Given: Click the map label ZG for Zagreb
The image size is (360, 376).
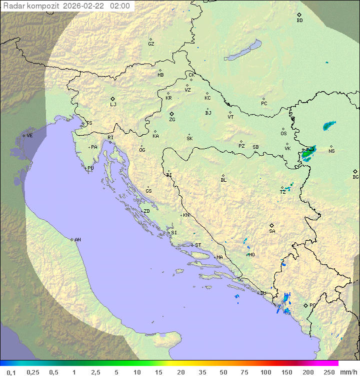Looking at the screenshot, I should point(172,120).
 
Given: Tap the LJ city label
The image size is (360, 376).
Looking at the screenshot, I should point(113,104).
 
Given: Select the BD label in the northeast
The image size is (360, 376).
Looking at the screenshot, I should point(299,21).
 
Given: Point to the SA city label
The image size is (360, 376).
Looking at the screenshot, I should point(272,231).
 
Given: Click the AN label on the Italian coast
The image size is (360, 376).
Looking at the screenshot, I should point(77,240).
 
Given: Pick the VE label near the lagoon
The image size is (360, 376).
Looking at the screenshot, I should point(29,136).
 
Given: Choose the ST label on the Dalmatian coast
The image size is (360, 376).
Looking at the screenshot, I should point(198,245).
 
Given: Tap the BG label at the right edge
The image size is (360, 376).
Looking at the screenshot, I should point(355,177).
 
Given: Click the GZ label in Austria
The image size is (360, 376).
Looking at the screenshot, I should point(151,44).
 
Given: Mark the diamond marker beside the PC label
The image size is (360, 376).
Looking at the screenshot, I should point(306,305).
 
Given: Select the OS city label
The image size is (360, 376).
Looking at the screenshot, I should point(283,134).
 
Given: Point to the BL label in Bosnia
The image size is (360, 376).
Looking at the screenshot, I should point(223,180).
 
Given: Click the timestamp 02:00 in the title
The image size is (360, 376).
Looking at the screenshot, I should point(120,6).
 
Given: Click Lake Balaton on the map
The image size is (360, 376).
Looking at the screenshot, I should point(243,51).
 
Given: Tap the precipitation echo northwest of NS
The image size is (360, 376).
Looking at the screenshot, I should point(329,125).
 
